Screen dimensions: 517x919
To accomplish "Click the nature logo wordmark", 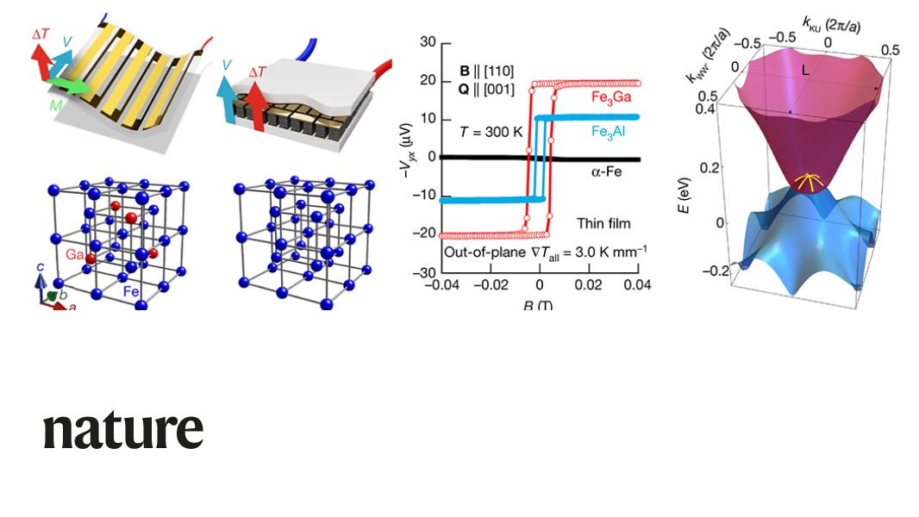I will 123,429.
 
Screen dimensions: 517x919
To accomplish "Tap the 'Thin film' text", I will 603,223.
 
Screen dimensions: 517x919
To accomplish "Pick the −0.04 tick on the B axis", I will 444,284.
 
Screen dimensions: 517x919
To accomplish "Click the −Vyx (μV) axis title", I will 405,155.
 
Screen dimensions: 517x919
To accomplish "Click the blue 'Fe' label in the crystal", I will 131,292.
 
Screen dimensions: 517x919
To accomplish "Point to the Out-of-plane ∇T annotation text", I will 541,252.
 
